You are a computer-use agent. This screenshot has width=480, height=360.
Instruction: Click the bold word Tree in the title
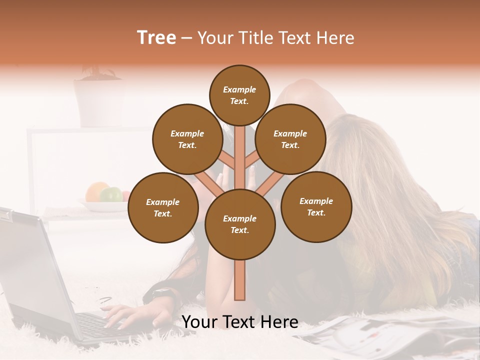(x=156, y=38)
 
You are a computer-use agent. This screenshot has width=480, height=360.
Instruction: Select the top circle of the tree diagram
(x=239, y=95)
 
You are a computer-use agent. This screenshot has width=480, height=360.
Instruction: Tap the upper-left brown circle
(x=187, y=139)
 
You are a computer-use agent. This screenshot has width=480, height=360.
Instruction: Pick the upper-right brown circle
(x=290, y=139)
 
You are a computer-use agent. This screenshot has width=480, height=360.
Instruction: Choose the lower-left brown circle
(x=163, y=207)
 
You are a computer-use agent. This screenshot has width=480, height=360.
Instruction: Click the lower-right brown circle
(x=316, y=206)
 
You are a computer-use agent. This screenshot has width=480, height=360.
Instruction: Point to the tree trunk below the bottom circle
(x=240, y=280)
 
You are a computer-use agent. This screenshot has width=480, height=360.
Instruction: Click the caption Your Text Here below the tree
(x=240, y=322)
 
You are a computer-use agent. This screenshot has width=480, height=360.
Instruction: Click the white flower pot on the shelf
(x=98, y=102)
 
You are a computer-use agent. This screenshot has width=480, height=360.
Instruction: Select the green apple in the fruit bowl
(x=111, y=194)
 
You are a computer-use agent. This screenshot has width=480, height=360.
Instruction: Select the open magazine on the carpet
(x=390, y=335)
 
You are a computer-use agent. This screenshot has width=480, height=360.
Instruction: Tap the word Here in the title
(x=338, y=38)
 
